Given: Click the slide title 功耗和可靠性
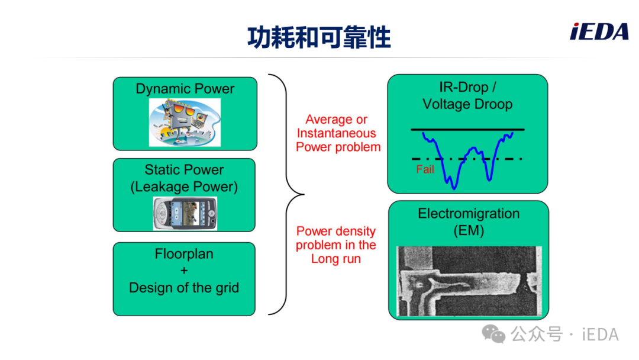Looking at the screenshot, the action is tap(319, 37).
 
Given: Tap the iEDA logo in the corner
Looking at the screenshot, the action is tap(599, 32).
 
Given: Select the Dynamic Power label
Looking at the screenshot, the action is tap(185, 88).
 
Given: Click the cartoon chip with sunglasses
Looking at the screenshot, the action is tap(185, 123).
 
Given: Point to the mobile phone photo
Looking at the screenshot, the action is tap(185, 213).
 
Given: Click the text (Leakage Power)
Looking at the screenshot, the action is tap(184, 187).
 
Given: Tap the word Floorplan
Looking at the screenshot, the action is tap(184, 253).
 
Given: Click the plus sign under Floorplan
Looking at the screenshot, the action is tap(184, 271).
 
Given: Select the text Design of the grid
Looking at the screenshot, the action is tap(184, 287).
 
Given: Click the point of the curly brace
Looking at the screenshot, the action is tap(304, 194).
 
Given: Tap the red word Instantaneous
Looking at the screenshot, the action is tap(337, 133).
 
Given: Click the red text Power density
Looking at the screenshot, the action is tap(336, 231).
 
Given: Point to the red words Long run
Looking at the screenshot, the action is tap(336, 259).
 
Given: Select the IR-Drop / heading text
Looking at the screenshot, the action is tap(467, 87).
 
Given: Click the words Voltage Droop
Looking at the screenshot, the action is tap(467, 104).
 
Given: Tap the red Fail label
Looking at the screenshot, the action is tap(425, 169).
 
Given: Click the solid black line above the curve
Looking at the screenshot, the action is tap(467, 130).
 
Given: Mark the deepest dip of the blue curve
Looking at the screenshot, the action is tap(454, 188).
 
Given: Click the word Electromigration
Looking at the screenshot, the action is tap(469, 213).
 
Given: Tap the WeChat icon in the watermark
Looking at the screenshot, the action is tap(493, 334).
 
